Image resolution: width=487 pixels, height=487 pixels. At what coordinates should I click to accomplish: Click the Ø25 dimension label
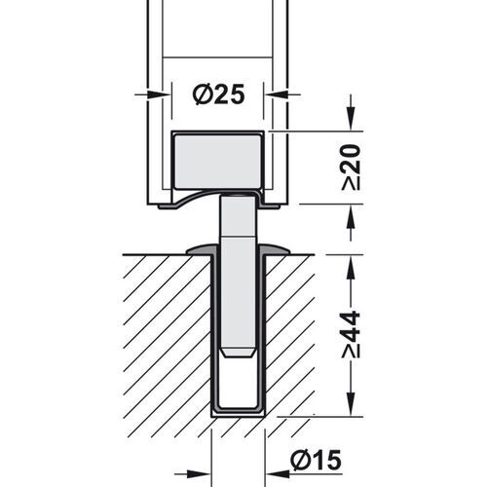pos(216,94)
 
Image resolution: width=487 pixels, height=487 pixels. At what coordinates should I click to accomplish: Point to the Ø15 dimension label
pos(315,458)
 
